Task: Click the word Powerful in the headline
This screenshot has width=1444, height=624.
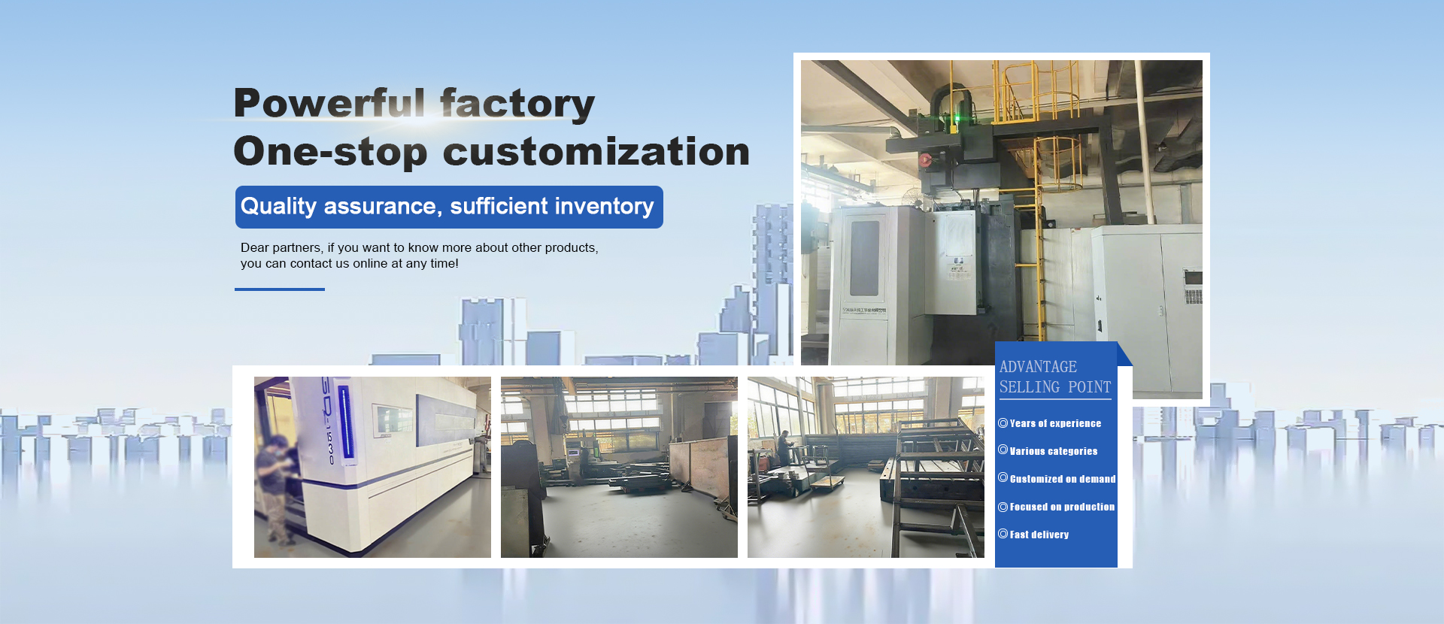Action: (x=330, y=103)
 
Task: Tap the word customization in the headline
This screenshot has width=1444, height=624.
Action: (x=596, y=151)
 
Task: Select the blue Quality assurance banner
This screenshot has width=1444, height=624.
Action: (x=449, y=207)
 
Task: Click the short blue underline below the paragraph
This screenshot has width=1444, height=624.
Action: (x=280, y=289)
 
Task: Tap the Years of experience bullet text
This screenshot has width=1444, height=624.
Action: (x=1055, y=423)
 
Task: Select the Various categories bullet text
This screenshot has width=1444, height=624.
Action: (x=1053, y=451)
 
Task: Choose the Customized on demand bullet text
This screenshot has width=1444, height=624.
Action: (x=1063, y=479)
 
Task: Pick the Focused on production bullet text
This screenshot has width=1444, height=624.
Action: (x=1062, y=507)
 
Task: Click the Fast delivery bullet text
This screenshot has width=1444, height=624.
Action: (x=1039, y=535)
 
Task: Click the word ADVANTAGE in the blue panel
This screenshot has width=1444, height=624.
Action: (x=1038, y=367)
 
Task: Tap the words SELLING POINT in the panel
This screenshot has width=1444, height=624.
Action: (x=1055, y=387)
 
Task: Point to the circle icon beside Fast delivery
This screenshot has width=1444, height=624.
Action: (x=1003, y=534)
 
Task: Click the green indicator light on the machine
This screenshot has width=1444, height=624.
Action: (x=957, y=118)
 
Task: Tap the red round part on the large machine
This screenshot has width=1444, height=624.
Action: (x=925, y=159)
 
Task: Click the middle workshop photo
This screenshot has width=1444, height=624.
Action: (x=619, y=467)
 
